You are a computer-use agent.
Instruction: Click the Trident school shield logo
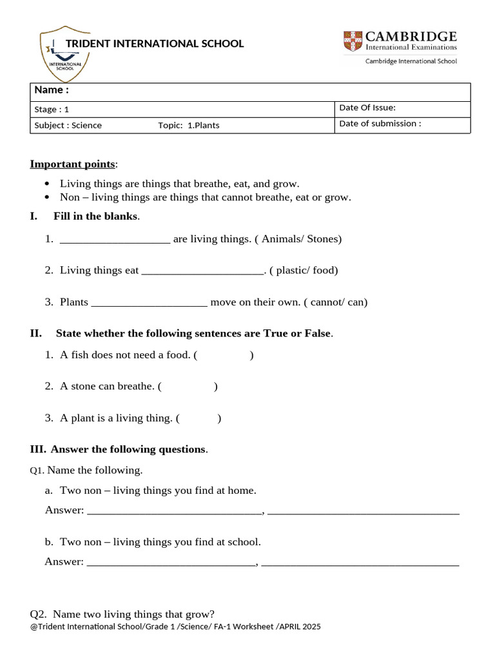tap(64, 54)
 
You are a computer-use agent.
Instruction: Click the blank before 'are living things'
tap(115, 239)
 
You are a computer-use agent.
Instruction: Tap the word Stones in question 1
tap(322, 239)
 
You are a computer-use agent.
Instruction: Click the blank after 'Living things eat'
tap(202, 271)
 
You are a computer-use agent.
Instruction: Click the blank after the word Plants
tap(150, 302)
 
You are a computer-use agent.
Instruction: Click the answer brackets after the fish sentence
tap(224, 355)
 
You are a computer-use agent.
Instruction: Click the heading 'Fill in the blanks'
tap(95, 217)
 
